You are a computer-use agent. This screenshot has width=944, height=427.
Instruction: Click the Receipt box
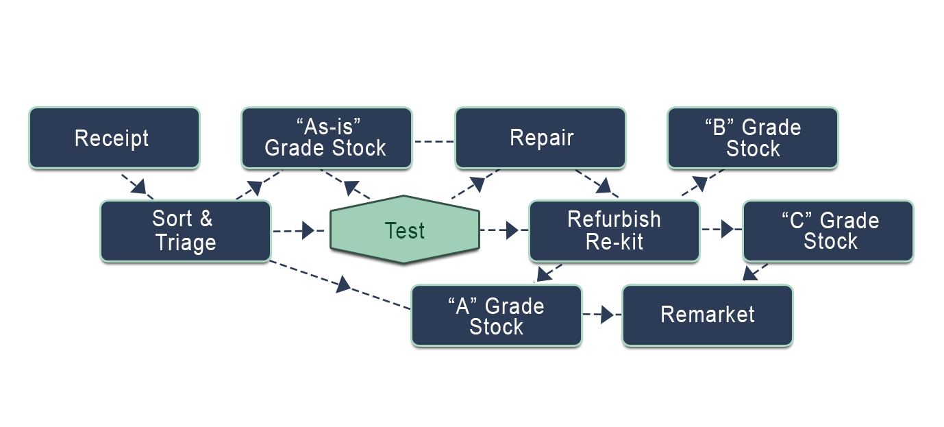tap(114, 138)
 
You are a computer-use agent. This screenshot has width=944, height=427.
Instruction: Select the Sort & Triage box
tap(186, 231)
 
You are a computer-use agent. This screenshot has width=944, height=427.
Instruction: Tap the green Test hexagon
tap(404, 230)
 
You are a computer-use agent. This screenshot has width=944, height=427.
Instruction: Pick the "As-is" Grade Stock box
tap(326, 138)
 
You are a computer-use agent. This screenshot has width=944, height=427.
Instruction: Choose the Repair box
tap(540, 138)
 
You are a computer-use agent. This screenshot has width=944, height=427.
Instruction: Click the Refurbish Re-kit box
tap(614, 231)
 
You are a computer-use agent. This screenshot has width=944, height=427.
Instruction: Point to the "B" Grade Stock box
tap(752, 138)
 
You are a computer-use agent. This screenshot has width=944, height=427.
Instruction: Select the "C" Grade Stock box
tap(828, 231)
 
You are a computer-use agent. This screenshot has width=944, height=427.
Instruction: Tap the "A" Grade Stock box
tap(496, 316)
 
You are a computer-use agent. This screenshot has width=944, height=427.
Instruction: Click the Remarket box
tap(707, 315)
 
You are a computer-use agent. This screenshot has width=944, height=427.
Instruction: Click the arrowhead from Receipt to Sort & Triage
tap(139, 186)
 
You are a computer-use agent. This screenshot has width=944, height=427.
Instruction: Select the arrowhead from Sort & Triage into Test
tap(307, 230)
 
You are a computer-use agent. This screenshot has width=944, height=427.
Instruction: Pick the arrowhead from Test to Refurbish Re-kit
tap(510, 230)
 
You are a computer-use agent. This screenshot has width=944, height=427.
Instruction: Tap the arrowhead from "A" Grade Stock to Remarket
tap(606, 315)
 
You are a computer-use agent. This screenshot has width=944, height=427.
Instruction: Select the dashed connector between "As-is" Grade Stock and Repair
tap(433, 142)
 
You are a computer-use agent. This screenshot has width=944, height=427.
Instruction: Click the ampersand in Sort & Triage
tap(206, 219)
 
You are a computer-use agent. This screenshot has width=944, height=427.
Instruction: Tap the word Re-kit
tap(614, 242)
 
